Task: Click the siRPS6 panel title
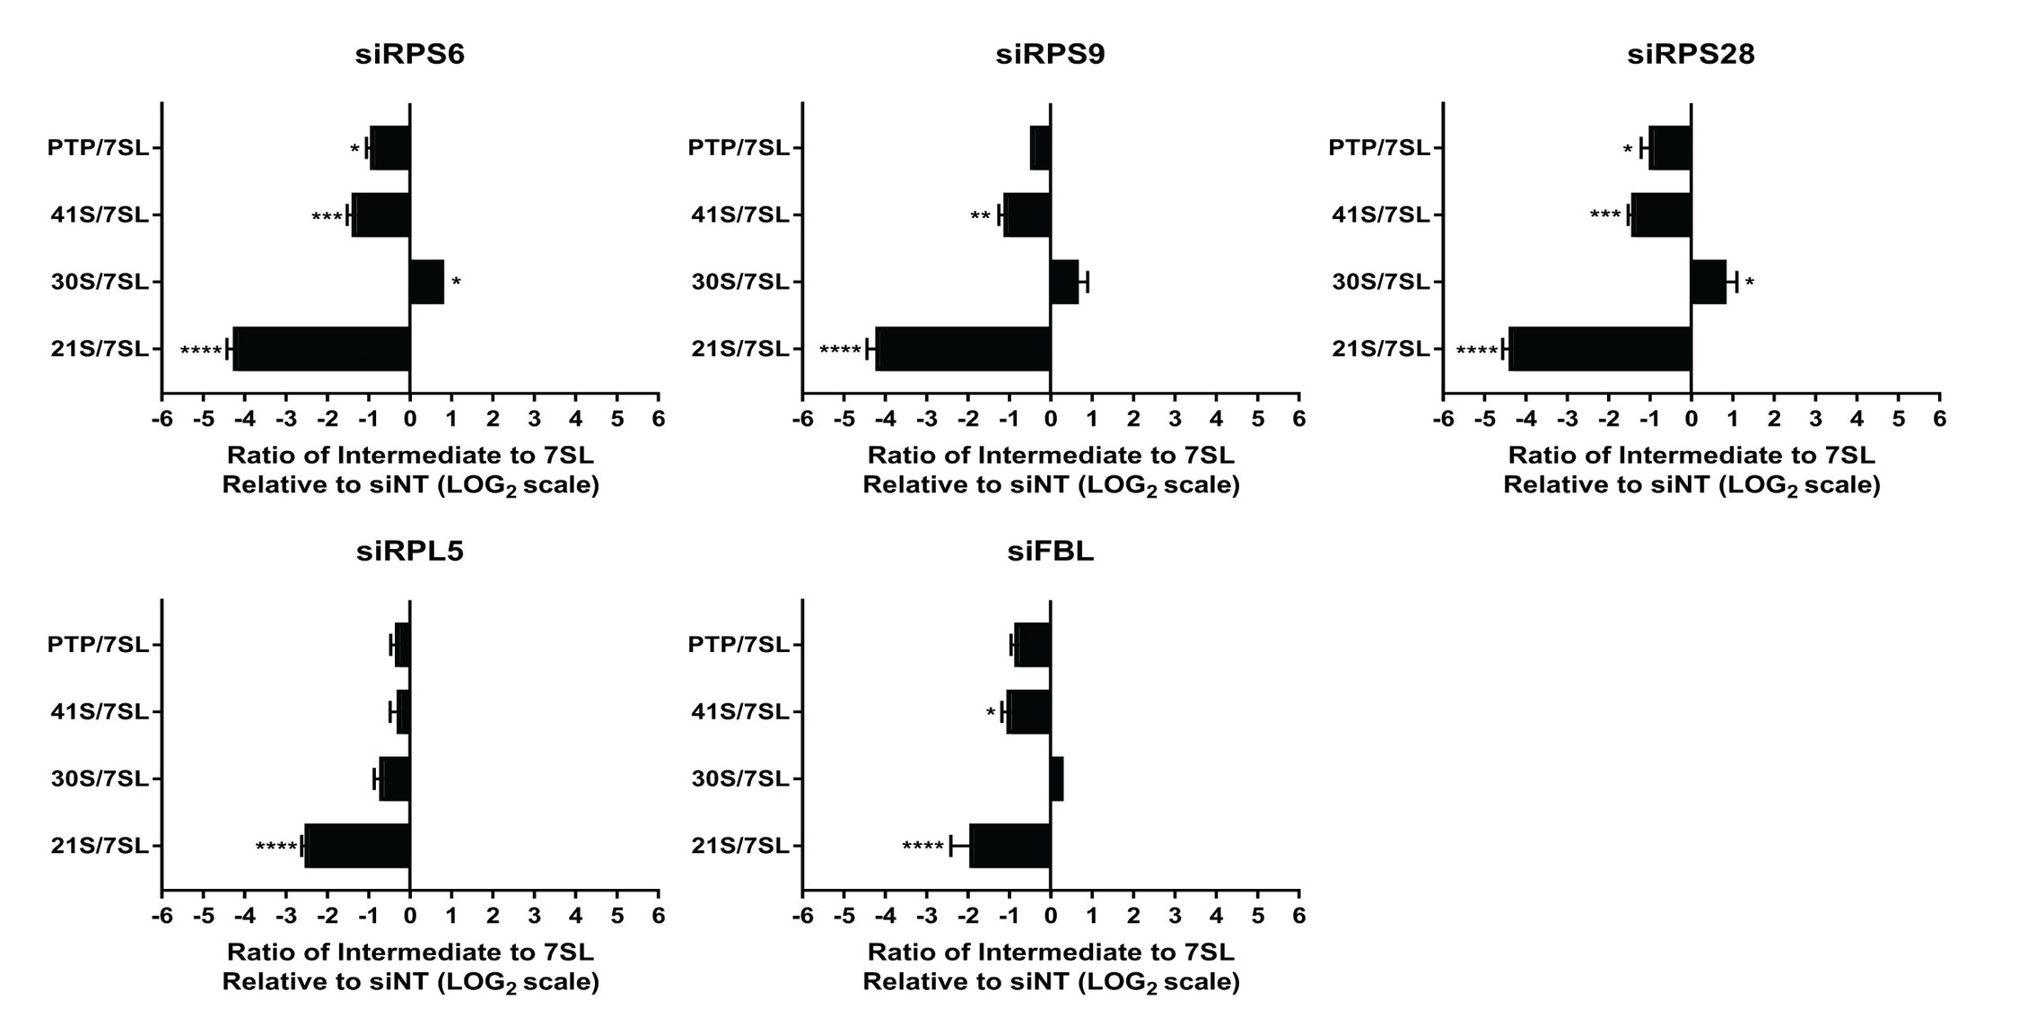410,55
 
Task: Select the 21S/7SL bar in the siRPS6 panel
321,349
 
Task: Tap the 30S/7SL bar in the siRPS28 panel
1709,282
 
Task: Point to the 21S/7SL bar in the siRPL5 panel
357,846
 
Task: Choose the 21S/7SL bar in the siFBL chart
1009,846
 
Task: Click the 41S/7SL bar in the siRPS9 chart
1027,215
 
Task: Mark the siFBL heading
1050,552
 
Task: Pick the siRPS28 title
1691,55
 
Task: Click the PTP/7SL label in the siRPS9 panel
739,147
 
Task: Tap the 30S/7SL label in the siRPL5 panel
100,779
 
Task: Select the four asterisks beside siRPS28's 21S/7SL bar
1476,351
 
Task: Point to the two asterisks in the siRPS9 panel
980,217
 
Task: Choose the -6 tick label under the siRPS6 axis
162,419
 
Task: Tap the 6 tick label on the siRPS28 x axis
1939,419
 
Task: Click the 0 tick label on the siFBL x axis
1051,916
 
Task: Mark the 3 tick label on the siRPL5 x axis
534,916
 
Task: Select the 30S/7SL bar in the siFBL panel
1057,779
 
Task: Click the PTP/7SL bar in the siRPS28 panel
1670,148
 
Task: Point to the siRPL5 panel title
410,552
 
